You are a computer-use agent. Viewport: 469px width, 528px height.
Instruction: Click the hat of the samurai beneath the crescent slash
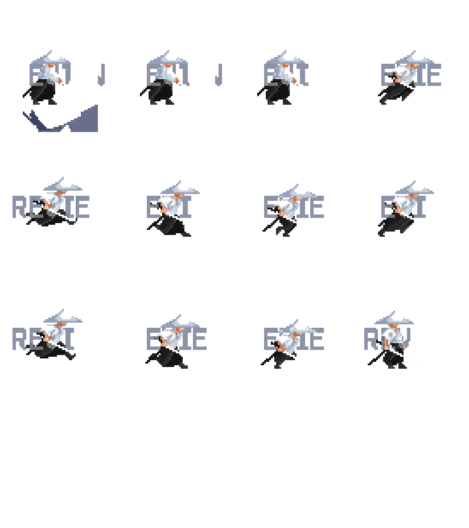click(x=51, y=57)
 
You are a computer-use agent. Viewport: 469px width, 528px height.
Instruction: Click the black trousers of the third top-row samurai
click(x=279, y=94)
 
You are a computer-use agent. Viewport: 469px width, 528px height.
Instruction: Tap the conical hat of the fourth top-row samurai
click(x=414, y=57)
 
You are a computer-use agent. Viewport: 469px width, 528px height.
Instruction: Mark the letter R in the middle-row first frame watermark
click(x=18, y=207)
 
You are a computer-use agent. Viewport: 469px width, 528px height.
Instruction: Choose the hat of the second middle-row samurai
click(x=180, y=188)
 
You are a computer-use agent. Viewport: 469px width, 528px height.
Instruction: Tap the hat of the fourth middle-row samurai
click(x=414, y=188)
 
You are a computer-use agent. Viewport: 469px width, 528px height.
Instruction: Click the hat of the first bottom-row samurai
click(x=63, y=316)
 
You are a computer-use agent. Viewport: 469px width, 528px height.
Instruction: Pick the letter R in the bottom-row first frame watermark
click(x=18, y=339)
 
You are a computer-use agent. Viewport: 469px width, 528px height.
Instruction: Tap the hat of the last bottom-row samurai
click(x=394, y=318)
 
